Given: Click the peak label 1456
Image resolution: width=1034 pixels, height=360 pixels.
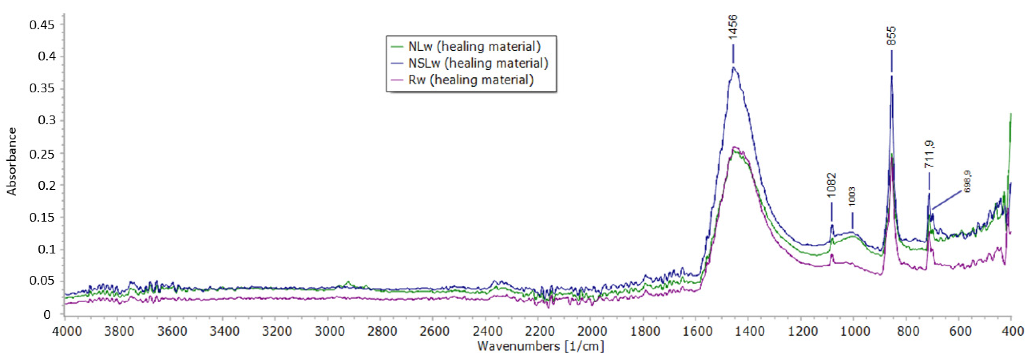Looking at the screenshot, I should click(x=733, y=27).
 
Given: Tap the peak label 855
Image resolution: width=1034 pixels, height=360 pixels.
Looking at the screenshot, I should click(x=891, y=36).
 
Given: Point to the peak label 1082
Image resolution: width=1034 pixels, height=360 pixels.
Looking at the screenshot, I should click(x=832, y=185).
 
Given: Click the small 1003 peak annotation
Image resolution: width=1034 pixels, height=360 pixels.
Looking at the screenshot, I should click(x=852, y=197).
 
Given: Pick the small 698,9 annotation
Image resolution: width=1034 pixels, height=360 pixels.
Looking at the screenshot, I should click(x=967, y=181).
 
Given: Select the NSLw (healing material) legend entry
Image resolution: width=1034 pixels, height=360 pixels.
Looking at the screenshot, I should click(x=478, y=63).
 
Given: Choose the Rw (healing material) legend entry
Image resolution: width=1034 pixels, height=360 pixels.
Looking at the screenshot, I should click(x=470, y=80).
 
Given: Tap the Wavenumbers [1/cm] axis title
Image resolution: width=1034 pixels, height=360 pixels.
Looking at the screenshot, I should click(x=540, y=346).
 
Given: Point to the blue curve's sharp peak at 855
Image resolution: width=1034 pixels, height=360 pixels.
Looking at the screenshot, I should click(x=891, y=76).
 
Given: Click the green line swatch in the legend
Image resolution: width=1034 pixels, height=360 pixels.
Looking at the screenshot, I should click(x=396, y=47).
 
